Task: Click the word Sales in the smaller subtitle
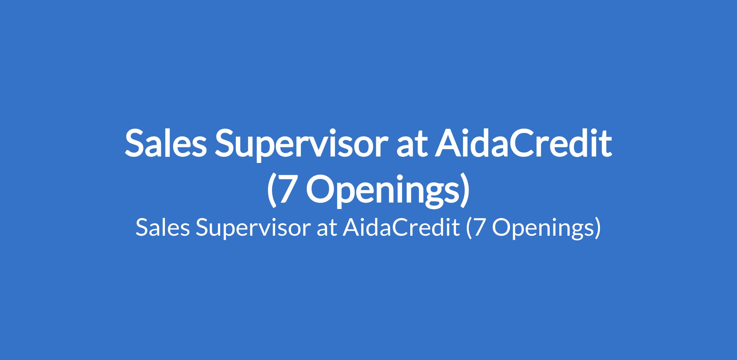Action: [x=163, y=228]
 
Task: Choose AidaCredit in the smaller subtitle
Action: [x=401, y=227]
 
